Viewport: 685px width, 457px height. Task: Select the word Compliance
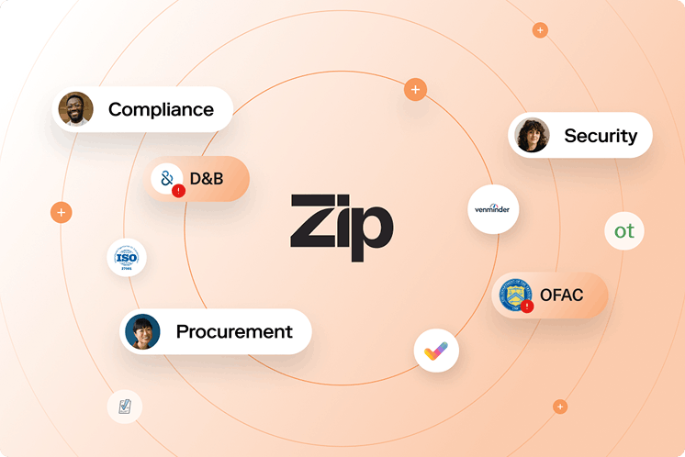(161, 110)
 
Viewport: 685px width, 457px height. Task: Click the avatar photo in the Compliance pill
(75, 109)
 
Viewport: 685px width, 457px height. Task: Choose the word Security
(600, 136)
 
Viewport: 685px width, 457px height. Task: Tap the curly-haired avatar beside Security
(532, 136)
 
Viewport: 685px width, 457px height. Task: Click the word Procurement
(234, 332)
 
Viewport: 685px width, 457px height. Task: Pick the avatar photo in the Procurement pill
(142, 331)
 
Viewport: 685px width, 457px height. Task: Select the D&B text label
(207, 178)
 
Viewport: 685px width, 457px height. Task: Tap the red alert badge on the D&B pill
(178, 191)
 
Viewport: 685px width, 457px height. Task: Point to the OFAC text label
(561, 295)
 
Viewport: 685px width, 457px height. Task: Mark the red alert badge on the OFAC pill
(527, 307)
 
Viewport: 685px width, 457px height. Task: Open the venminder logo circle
(493, 209)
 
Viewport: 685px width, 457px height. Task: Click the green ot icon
(624, 231)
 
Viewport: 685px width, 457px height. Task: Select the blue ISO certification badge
(126, 258)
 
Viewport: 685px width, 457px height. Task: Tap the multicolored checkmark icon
(436, 350)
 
